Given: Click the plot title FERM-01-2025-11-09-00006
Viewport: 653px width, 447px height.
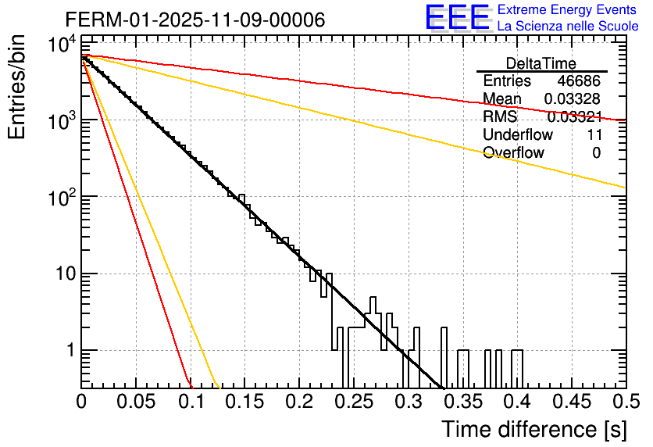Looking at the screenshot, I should coord(194,20).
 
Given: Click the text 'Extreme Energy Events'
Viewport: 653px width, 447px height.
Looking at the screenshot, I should coord(567,10).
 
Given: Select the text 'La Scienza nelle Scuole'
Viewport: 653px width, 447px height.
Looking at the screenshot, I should coord(567,26).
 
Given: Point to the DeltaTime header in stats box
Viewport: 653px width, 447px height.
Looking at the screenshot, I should coord(541,63).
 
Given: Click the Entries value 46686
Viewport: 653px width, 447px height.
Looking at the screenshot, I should coord(579,81).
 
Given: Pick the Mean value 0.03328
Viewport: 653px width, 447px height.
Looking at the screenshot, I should coord(573,99).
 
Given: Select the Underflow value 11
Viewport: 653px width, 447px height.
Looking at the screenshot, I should coord(593,134).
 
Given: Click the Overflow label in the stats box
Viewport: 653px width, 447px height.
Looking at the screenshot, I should coord(513,152).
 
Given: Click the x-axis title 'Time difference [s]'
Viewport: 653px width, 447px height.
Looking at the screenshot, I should coord(533,429).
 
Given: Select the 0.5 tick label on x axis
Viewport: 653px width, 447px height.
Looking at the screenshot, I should coord(623,402).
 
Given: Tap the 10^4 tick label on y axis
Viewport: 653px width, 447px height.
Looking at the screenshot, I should coord(61,45).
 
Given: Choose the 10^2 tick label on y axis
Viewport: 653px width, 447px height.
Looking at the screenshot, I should coord(61,198).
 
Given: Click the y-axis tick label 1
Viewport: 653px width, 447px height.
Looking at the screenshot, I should coord(69,351).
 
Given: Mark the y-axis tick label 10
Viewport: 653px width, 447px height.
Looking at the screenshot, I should coord(64,274).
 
